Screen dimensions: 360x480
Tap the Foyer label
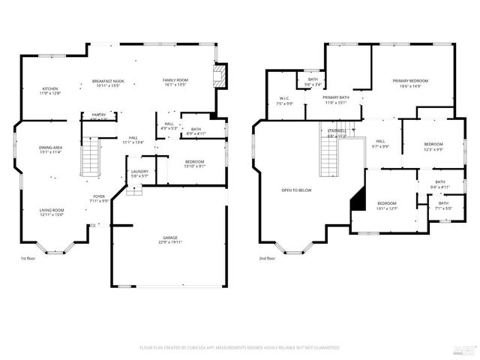coord(99,199)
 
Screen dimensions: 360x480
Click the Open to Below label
coord(296,190)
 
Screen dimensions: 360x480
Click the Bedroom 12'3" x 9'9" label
coord(433,146)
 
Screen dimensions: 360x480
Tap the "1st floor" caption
coord(28,258)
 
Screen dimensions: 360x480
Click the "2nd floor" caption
coord(267,258)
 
